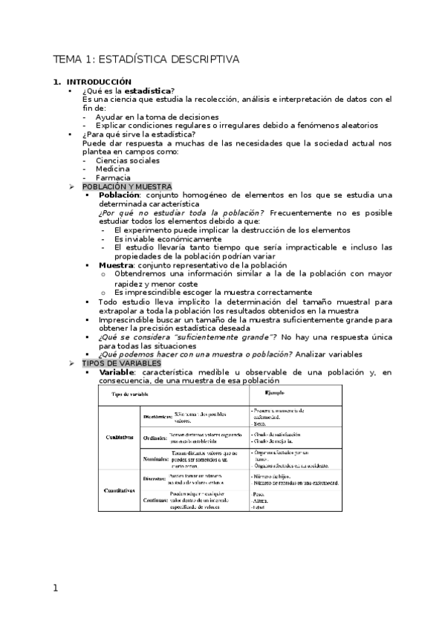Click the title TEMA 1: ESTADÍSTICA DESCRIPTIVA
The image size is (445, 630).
146,59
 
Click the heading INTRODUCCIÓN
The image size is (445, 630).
99,82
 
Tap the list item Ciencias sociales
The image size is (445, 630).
127,160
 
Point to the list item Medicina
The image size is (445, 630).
113,169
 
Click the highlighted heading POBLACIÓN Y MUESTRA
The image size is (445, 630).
127,186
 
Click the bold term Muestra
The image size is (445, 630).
115,264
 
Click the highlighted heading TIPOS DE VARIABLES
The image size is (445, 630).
121,363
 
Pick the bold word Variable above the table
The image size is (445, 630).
116,372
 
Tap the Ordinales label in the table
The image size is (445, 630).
155,438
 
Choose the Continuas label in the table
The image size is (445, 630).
156,499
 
